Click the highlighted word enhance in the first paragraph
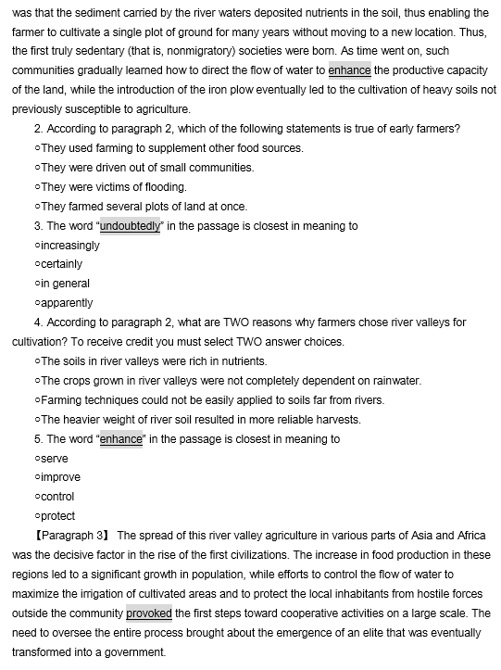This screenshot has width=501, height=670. (x=349, y=70)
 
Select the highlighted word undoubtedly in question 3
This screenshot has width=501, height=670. (x=130, y=226)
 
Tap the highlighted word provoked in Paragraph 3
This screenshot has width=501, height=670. (x=149, y=613)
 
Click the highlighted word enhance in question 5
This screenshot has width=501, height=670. (x=120, y=439)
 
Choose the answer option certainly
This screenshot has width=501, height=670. (x=60, y=264)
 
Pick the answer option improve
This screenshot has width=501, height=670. (x=60, y=477)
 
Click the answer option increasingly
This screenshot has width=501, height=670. (x=69, y=246)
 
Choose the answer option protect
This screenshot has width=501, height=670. (x=57, y=516)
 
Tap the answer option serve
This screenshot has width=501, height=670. (x=55, y=459)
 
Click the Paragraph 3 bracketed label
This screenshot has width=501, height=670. (x=71, y=536)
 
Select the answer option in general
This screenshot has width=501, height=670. (x=64, y=284)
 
